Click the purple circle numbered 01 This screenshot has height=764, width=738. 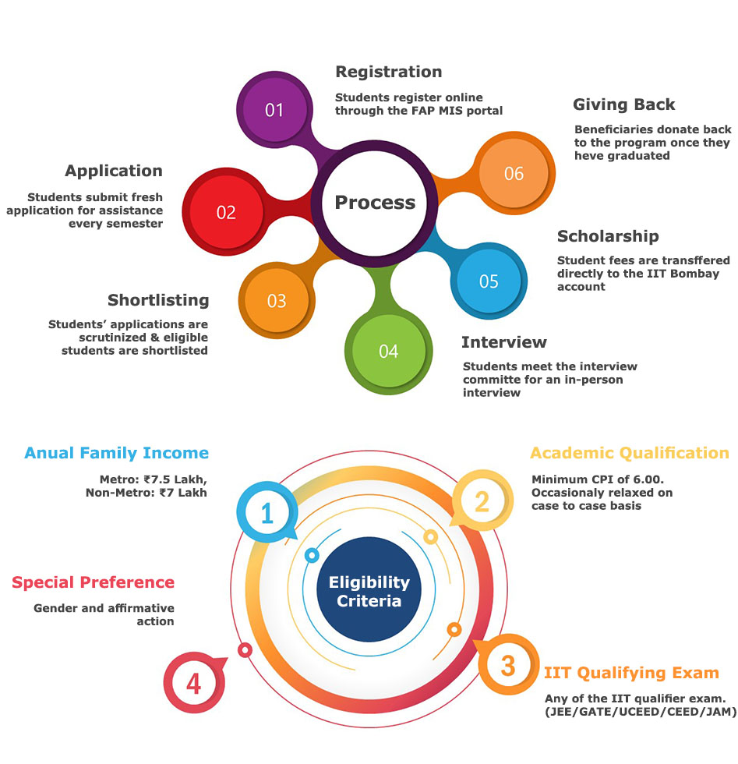click(x=274, y=110)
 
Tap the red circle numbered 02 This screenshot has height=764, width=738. click(x=226, y=212)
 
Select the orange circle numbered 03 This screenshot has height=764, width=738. click(x=277, y=301)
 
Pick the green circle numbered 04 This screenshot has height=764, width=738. click(x=388, y=352)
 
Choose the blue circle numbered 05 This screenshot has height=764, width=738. click(x=489, y=281)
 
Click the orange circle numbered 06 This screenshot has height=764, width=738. click(x=514, y=173)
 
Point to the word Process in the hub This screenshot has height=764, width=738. click(x=375, y=203)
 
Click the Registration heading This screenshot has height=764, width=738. click(x=388, y=72)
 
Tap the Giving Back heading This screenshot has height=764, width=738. click(x=623, y=104)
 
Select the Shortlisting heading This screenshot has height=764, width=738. click(x=158, y=300)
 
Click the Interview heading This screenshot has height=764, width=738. click(x=503, y=342)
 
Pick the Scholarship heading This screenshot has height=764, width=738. click(x=608, y=236)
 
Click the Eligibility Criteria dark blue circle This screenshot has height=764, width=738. click(x=369, y=592)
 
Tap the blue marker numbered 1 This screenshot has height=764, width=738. click(x=267, y=513)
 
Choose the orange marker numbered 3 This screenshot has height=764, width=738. click(x=507, y=666)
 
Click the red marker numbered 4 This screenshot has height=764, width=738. click(x=193, y=684)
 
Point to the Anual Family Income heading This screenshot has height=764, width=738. click(x=117, y=453)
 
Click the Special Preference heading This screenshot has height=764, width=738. click(x=93, y=582)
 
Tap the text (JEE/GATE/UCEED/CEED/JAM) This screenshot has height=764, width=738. click(x=640, y=711)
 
